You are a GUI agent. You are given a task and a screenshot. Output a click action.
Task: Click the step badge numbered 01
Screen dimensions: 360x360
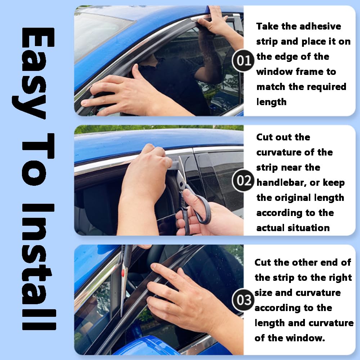[x=243, y=60]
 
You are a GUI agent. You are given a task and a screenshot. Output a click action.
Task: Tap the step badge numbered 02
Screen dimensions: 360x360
[x=243, y=180]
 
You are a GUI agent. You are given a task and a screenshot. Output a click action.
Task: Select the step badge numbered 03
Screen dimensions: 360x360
[x=243, y=300]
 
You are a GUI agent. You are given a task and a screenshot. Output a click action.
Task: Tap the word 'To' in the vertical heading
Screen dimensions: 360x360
[x=38, y=159]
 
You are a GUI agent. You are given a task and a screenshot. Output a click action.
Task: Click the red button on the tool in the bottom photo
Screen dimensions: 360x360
[x=123, y=273]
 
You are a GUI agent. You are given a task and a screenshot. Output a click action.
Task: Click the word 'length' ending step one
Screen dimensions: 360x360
[x=271, y=102]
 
